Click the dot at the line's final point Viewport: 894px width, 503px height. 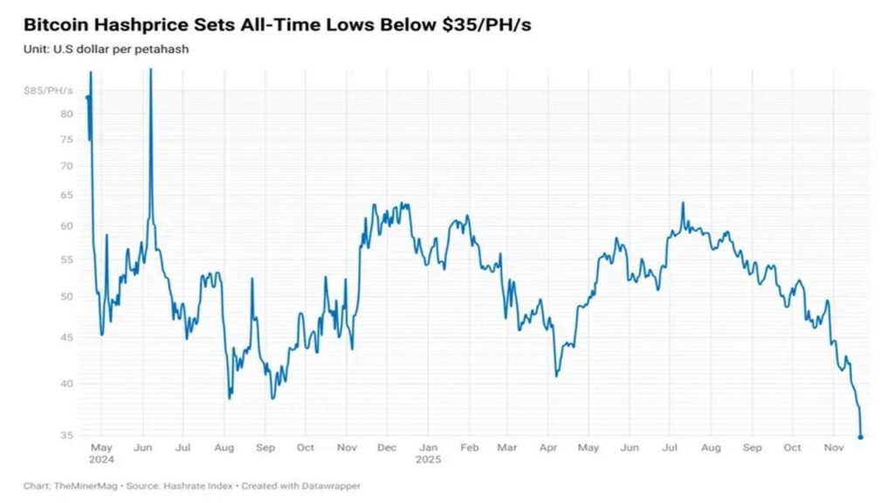pyautogui.click(x=861, y=438)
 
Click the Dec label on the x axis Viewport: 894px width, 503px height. pyautogui.click(x=387, y=448)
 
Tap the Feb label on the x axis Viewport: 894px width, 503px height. pyautogui.click(x=469, y=448)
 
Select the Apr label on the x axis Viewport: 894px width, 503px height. pyautogui.click(x=547, y=448)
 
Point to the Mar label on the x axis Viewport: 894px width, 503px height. pyautogui.click(x=507, y=448)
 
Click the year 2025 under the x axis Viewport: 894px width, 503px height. pyautogui.click(x=428, y=458)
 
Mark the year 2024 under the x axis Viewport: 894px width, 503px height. pyautogui.click(x=102, y=458)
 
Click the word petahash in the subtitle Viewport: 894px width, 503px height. pyautogui.click(x=166, y=49)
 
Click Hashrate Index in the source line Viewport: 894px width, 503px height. pyautogui.click(x=198, y=486)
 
